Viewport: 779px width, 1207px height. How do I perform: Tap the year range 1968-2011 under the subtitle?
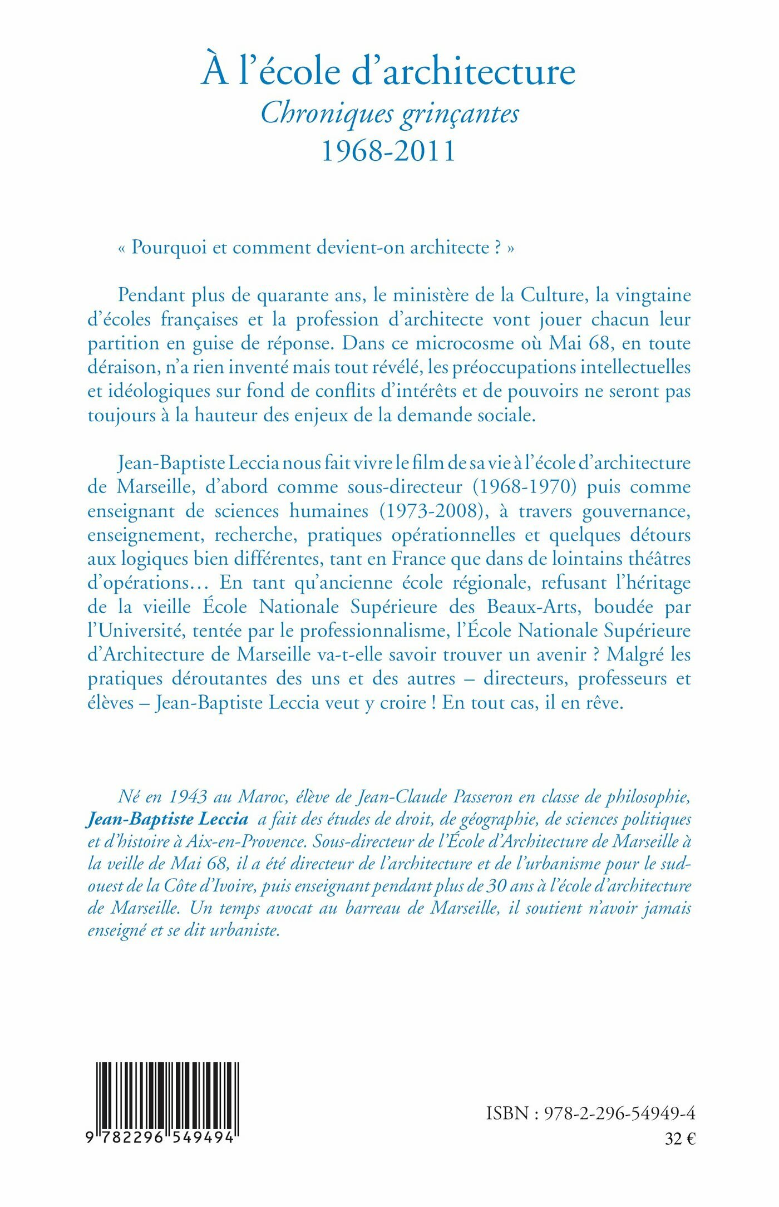coord(388,151)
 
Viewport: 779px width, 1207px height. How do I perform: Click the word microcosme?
coord(466,343)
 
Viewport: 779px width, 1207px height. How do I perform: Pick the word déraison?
coord(116,367)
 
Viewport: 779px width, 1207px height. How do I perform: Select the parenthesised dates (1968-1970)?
coord(524,487)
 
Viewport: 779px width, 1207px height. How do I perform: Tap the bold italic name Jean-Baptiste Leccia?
coord(167,819)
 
